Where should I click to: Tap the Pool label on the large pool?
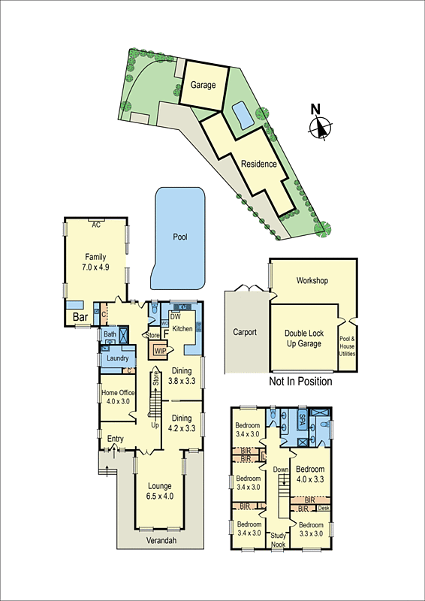click(x=180, y=237)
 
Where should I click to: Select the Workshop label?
click(x=312, y=281)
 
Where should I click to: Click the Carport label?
click(x=244, y=332)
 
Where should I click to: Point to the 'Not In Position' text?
click(x=300, y=382)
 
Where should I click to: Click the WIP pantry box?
click(x=160, y=350)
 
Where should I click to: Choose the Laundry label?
click(x=118, y=358)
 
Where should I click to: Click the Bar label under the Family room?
click(x=80, y=318)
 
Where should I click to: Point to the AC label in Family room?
click(x=95, y=224)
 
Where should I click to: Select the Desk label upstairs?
click(x=324, y=509)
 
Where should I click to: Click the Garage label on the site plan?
click(x=203, y=85)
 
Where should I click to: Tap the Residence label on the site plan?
click(x=259, y=164)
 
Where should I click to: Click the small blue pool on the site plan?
click(x=242, y=116)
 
